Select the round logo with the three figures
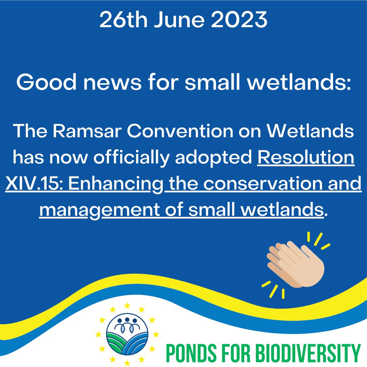tap(127, 335)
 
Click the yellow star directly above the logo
tap(127, 304)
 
